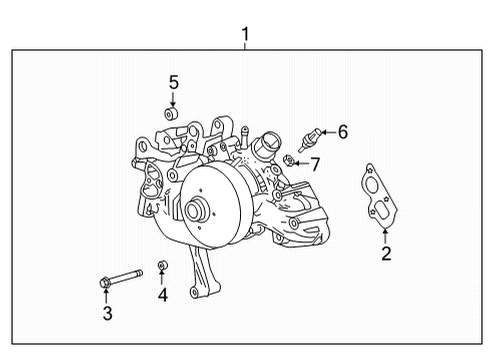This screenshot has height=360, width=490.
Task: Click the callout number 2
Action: tap(386, 253)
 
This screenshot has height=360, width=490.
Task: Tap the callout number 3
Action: tap(108, 314)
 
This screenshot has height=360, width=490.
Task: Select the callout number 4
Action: tap(162, 294)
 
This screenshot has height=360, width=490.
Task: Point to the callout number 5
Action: tap(172, 81)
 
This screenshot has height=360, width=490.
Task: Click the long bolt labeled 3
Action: tap(119, 277)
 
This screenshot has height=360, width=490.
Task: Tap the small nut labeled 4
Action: tap(162, 265)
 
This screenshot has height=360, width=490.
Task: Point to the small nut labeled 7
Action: tap(288, 160)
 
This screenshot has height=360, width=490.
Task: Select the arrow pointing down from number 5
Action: tap(172, 99)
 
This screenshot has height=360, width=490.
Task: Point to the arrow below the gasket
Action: tap(386, 235)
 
